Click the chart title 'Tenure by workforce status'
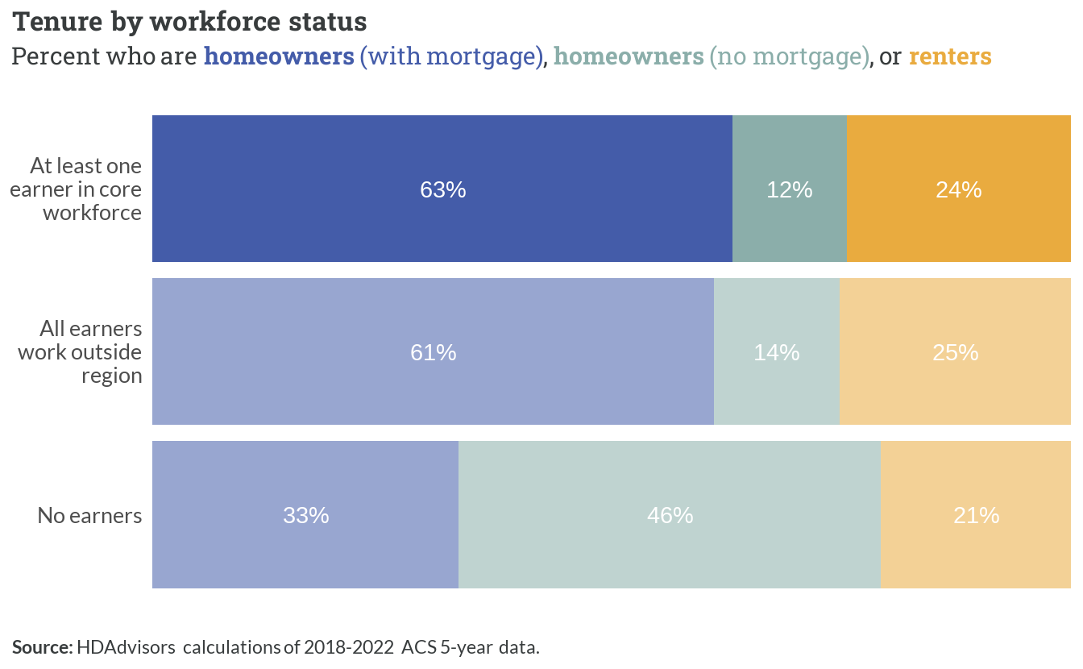click(x=189, y=22)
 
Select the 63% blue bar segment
click(x=442, y=189)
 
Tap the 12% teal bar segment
click(x=790, y=189)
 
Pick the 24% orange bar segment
click(x=959, y=189)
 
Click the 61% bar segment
click(x=434, y=351)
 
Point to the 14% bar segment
click(x=777, y=351)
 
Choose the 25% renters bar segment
click(x=956, y=351)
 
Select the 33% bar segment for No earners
click(x=305, y=515)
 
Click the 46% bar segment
click(x=670, y=515)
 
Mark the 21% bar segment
click(x=976, y=515)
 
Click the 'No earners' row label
click(x=89, y=516)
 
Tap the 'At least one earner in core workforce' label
click(x=76, y=189)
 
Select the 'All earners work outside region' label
click(x=80, y=352)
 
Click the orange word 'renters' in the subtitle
click(x=950, y=56)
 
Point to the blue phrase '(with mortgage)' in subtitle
click(x=451, y=57)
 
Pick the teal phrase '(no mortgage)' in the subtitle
click(x=790, y=57)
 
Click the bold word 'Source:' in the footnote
click(x=43, y=647)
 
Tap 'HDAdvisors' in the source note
click(x=126, y=647)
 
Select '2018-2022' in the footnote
click(x=349, y=647)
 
